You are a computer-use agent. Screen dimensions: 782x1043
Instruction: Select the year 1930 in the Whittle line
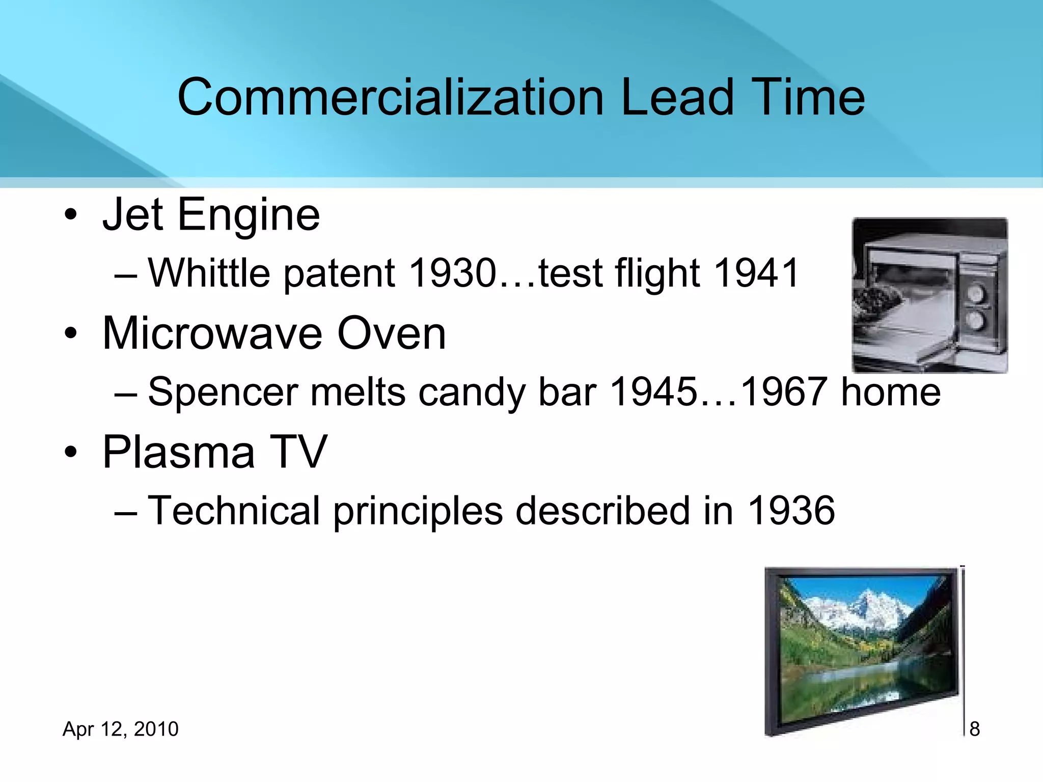pos(452,273)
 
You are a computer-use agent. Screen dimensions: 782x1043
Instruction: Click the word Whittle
pos(209,273)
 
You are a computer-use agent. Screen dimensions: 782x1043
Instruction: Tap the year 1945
pos(653,393)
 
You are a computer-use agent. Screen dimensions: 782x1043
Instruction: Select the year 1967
pos(783,393)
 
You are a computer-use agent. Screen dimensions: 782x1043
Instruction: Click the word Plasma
pos(178,452)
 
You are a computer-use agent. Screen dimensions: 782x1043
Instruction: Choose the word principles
pos(418,512)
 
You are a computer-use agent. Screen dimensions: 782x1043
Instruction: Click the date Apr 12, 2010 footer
pos(120,729)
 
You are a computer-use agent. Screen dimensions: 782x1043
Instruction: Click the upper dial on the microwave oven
pos(976,294)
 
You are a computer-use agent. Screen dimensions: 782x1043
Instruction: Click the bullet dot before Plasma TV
pos(71,452)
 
